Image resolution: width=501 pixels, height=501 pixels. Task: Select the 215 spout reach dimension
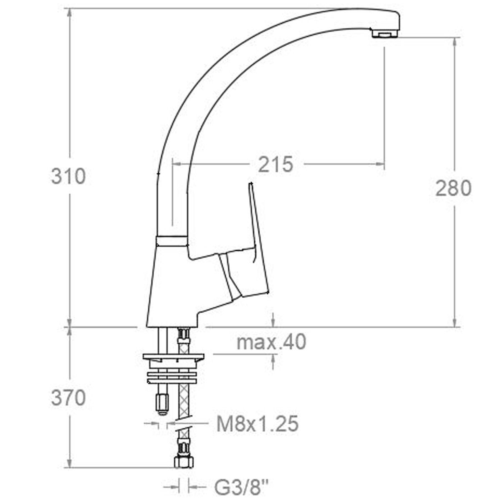(x=275, y=164)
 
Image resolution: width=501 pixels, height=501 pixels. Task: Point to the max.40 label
(x=271, y=342)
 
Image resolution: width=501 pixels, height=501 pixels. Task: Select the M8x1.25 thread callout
(x=258, y=424)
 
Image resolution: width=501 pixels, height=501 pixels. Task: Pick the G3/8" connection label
(x=242, y=486)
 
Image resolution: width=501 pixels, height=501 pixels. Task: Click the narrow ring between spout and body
(x=171, y=241)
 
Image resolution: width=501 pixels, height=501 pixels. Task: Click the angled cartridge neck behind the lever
(x=230, y=276)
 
